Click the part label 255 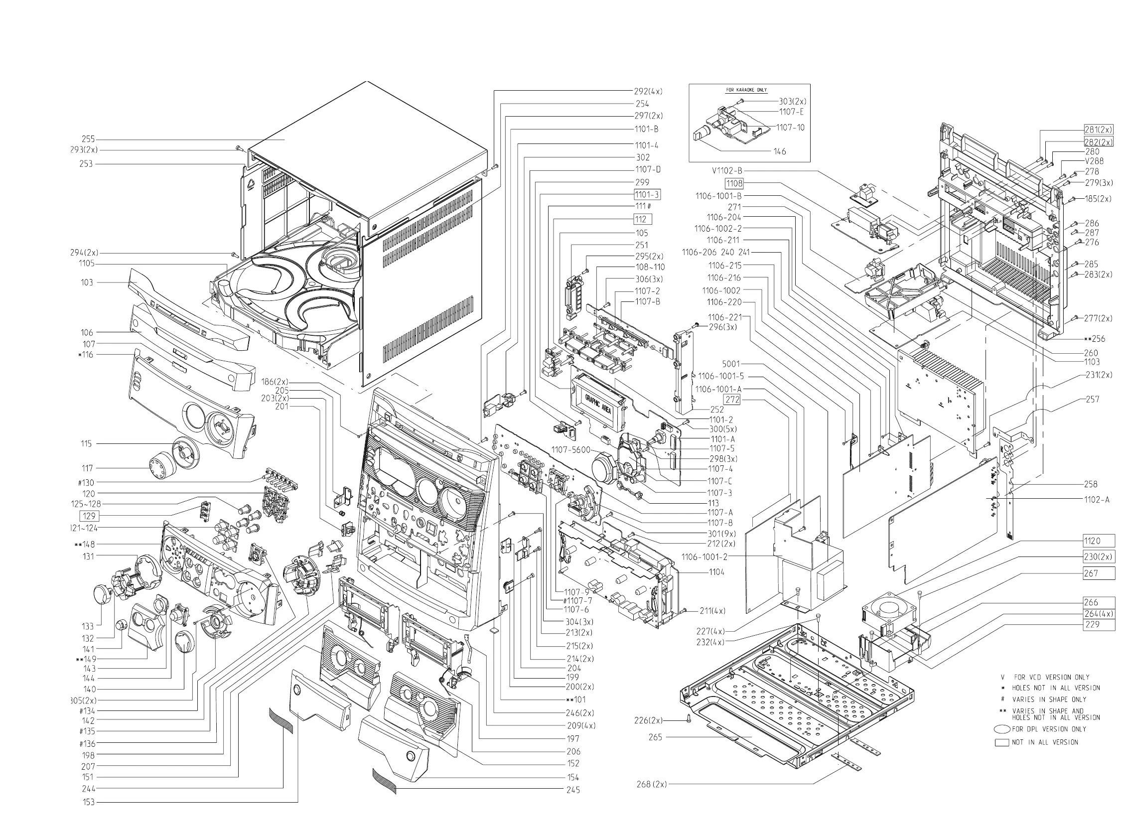click(88, 139)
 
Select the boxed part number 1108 click(734, 183)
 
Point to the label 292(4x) click(648, 91)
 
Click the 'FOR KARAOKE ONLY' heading click(746, 90)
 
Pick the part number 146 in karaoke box click(779, 151)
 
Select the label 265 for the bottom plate click(655, 737)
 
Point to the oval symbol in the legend click(1002, 729)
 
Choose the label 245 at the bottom click(573, 790)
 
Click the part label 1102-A click(1097, 499)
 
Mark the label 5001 click(731, 364)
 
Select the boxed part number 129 click(89, 516)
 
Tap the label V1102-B click(727, 171)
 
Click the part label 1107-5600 click(571, 450)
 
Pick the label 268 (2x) click(652, 784)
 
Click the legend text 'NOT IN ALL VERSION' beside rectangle click(1045, 742)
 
